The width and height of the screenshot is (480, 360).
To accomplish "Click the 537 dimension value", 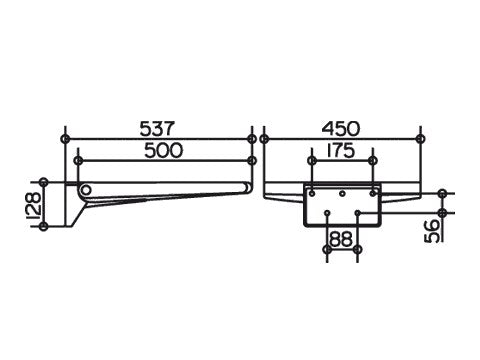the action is click(x=157, y=129).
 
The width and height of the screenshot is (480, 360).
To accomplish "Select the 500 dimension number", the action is click(x=164, y=150).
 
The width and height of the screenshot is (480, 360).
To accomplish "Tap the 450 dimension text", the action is click(x=341, y=129).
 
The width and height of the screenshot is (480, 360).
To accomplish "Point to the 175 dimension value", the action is click(x=340, y=150).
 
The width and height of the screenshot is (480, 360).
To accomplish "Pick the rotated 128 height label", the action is click(x=34, y=204).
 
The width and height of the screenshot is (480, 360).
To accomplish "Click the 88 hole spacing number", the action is click(x=341, y=239).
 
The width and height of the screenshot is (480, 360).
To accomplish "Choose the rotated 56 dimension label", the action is click(x=432, y=230).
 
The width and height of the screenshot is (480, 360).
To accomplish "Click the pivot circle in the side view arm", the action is click(x=86, y=190).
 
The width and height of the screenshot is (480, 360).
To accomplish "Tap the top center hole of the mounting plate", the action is click(x=342, y=193).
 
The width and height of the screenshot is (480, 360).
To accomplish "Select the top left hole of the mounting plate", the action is click(x=312, y=193).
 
